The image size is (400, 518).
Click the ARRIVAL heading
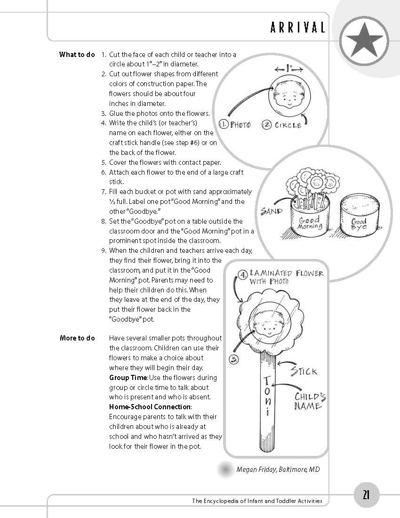click(x=298, y=28)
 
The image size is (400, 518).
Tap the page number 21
click(x=366, y=495)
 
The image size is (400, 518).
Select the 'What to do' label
click(x=77, y=54)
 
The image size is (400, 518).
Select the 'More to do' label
click(x=77, y=338)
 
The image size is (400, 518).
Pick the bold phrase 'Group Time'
click(x=128, y=378)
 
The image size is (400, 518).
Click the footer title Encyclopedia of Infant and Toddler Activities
click(x=257, y=501)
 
